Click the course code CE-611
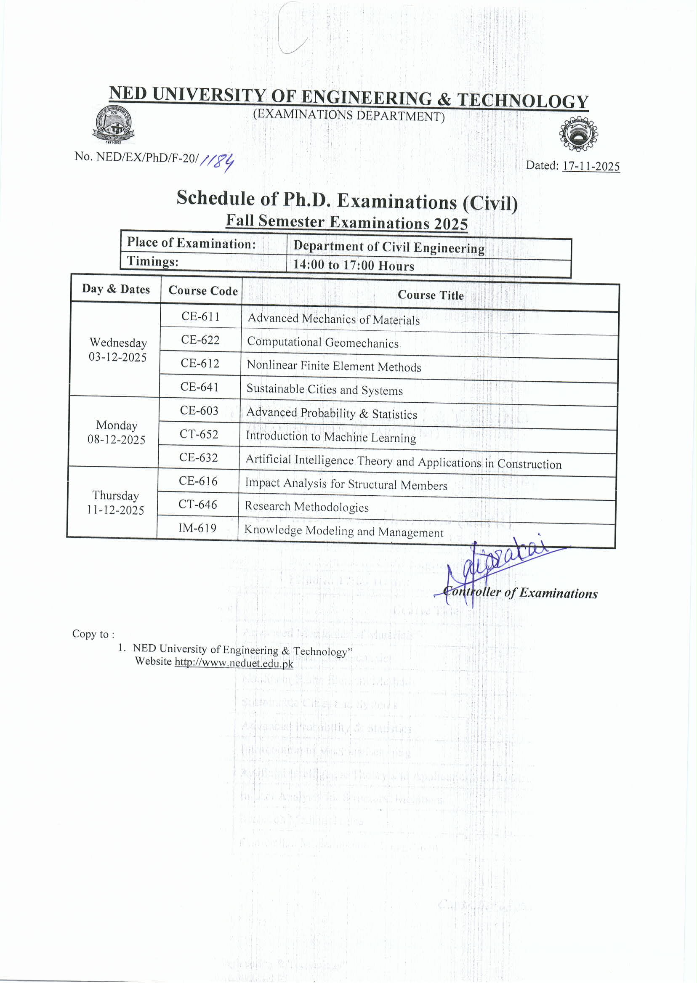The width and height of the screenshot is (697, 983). [x=200, y=316]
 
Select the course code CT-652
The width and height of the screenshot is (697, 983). [x=199, y=434]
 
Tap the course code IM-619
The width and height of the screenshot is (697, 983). [x=197, y=528]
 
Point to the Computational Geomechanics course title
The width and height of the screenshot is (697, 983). [x=323, y=343]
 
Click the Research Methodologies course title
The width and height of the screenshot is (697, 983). [x=306, y=507]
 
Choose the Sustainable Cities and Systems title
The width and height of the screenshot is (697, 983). [x=325, y=390]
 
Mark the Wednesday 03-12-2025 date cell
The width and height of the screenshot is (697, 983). [x=117, y=350]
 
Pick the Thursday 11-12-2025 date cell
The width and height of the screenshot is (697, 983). [x=115, y=502]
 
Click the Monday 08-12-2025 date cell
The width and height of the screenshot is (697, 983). [x=116, y=432]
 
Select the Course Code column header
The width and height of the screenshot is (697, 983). [x=203, y=290]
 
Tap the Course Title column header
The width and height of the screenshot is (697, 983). [x=431, y=295]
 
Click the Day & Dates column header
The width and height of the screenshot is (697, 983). [x=116, y=289]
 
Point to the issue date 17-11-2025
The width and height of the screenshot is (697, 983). [x=591, y=167]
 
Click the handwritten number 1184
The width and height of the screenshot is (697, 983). [x=218, y=162]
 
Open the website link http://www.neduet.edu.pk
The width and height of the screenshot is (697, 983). [x=234, y=663]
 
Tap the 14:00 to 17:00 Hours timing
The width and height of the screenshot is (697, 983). [x=354, y=265]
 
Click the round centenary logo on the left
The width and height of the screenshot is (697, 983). [x=114, y=125]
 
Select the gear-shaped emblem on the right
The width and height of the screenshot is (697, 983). [x=578, y=134]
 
